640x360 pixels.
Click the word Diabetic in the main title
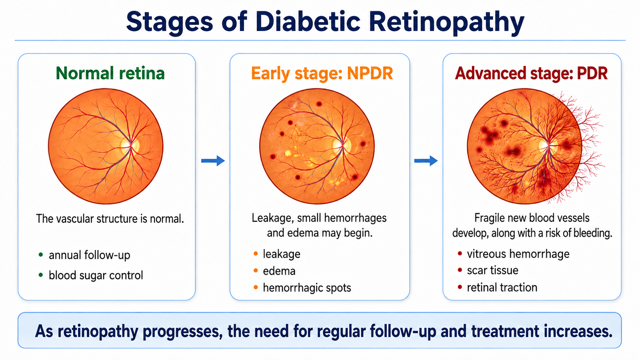point(308,22)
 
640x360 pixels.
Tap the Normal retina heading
point(110,73)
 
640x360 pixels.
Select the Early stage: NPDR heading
point(322,74)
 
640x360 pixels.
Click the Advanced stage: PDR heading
point(531,73)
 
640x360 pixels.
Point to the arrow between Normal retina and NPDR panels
point(213,161)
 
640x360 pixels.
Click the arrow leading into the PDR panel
point(426,161)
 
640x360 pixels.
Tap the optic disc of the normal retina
point(130,146)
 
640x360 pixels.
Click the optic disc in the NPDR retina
point(342,145)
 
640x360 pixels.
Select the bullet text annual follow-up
point(90,255)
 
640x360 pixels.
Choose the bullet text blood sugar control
point(96,275)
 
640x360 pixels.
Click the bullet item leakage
point(281,254)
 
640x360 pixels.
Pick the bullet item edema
point(279,271)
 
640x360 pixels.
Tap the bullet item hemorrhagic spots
point(307,288)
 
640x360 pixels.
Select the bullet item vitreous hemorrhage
point(518,254)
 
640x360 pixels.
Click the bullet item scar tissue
point(493,270)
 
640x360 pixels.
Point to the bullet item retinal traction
point(502,287)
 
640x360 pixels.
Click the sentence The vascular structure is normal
point(110,219)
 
